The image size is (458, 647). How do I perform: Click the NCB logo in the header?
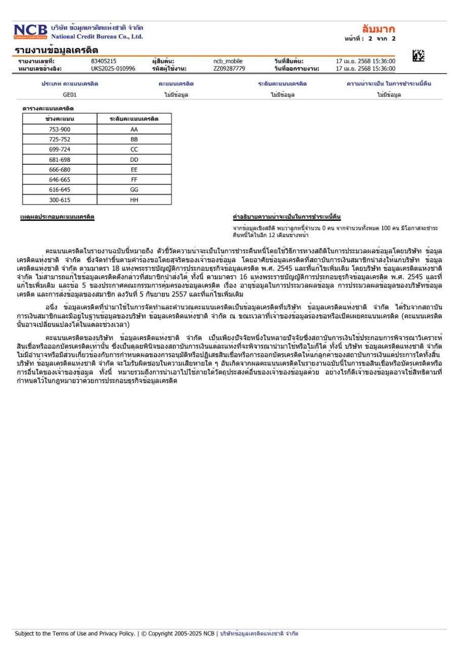[x=30, y=31]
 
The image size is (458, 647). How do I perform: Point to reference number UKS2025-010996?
[x=113, y=68]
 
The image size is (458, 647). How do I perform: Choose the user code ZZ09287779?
[x=229, y=68]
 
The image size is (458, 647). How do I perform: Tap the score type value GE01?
[x=70, y=94]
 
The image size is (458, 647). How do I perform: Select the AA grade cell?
[x=134, y=129]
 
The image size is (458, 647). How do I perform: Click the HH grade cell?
[x=134, y=200]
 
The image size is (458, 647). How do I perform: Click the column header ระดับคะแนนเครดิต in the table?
[x=134, y=118]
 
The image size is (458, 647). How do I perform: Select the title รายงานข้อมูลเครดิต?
[x=56, y=50]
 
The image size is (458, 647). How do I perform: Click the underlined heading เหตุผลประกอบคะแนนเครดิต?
[x=57, y=217]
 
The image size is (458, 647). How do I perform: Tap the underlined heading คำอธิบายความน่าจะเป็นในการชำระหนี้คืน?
[x=286, y=217]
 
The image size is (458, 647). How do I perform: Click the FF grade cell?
[x=134, y=179]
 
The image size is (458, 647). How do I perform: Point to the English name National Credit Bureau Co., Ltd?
[x=97, y=36]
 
